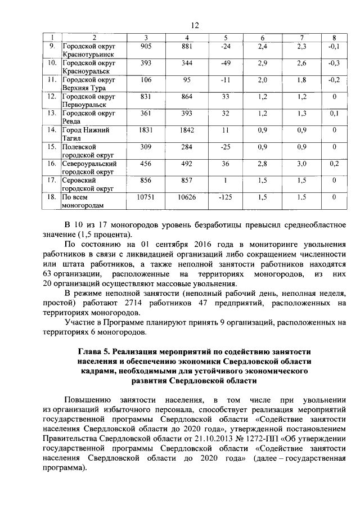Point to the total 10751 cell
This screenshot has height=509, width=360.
pyautogui.click(x=146, y=197)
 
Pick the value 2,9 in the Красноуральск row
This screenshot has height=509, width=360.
pyautogui.click(x=262, y=63)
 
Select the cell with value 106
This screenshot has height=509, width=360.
pyautogui.click(x=146, y=79)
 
